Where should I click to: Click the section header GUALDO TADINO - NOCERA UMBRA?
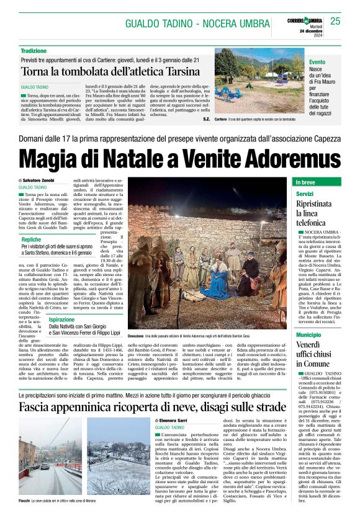pyautogui.click(x=194, y=24)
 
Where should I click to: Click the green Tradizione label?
pyautogui.click(x=34, y=50)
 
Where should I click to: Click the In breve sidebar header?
pyautogui.click(x=305, y=183)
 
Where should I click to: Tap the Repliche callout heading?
pyautogui.click(x=32, y=239)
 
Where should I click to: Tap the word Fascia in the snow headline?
pyautogui.click(x=39, y=407)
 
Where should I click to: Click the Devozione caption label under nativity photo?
pyautogui.click(x=141, y=335)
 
